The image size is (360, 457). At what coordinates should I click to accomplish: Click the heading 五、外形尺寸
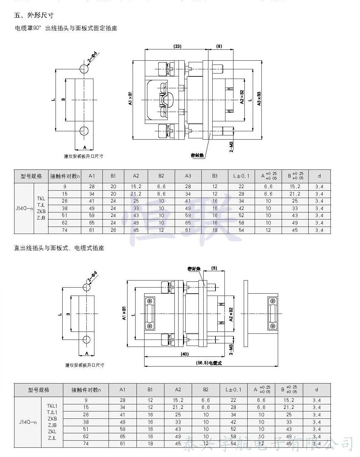[34, 15]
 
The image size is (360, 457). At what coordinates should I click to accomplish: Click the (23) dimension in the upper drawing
[177, 46]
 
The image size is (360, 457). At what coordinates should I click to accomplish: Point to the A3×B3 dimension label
[259, 99]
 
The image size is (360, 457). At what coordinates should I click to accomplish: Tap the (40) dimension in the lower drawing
[185, 354]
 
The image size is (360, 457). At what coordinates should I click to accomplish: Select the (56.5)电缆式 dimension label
[209, 363]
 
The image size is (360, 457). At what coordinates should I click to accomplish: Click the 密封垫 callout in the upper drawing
[197, 155]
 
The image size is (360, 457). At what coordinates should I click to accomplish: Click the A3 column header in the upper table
[188, 176]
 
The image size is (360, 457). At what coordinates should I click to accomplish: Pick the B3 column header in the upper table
[215, 176]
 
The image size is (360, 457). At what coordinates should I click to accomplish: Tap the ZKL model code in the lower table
[52, 431]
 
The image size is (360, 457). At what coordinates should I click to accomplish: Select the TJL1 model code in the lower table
[52, 412]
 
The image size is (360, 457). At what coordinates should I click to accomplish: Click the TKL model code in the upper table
[41, 199]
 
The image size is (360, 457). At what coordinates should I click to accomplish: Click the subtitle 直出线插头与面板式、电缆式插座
[59, 248]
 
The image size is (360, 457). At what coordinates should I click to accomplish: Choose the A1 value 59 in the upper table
[92, 215]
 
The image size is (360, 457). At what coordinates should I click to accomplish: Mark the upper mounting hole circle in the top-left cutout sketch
[84, 69]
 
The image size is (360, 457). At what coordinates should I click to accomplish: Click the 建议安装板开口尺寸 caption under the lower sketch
[84, 365]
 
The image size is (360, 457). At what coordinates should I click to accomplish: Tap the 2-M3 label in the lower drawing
[231, 349]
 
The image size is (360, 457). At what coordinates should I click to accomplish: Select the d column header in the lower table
[316, 390]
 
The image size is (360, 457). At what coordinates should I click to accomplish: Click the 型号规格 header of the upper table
[31, 176]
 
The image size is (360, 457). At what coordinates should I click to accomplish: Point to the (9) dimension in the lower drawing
[214, 268]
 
